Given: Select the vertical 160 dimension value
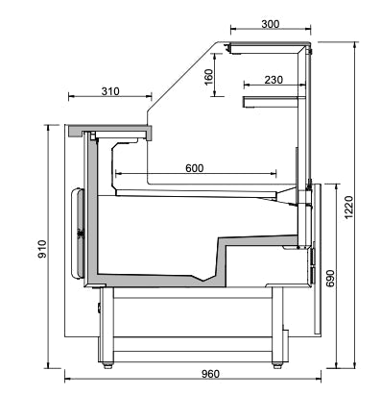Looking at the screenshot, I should click(x=209, y=77).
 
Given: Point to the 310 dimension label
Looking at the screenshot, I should click(x=109, y=91).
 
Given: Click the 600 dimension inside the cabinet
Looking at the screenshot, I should click(x=194, y=168).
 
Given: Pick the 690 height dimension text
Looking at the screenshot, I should click(x=330, y=279).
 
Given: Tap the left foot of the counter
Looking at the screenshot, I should click(x=106, y=362).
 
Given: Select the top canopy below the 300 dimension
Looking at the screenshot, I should click(x=270, y=46).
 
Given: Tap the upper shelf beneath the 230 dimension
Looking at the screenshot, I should click(x=275, y=100).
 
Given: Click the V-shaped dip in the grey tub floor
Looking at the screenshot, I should click(x=204, y=280).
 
